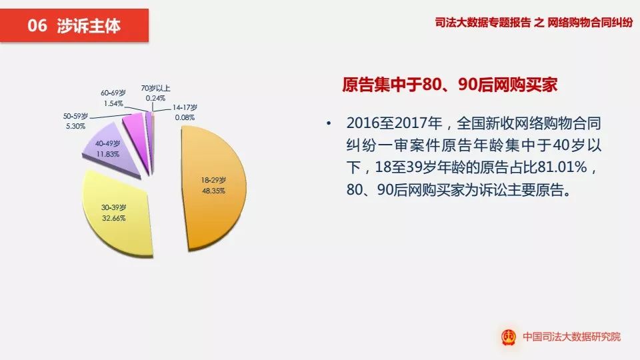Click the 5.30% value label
[x=75, y=126]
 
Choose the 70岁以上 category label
[x=155, y=88]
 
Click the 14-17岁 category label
[x=185, y=108]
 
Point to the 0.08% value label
[x=185, y=117]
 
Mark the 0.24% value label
[x=155, y=97]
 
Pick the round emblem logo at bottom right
[x=509, y=337]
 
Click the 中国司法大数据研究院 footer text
[x=571, y=337]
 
